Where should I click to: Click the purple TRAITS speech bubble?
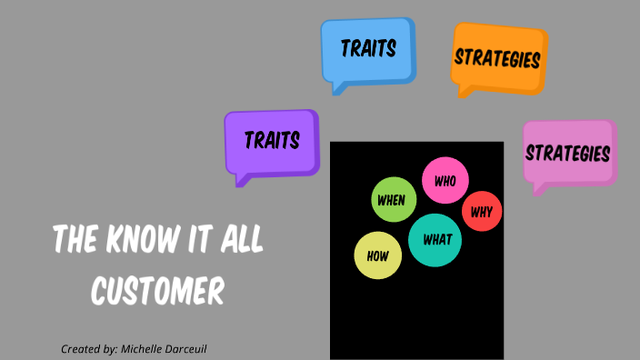(x=271, y=142)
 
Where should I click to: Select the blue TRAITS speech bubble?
(x=367, y=49)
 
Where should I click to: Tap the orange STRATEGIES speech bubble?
(x=497, y=58)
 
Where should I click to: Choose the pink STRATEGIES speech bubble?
(x=567, y=152)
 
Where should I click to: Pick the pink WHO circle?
(x=445, y=182)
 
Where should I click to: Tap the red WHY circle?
(x=482, y=212)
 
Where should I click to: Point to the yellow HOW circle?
(x=377, y=255)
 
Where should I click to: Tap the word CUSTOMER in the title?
(x=157, y=292)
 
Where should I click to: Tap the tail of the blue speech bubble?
(x=339, y=88)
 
